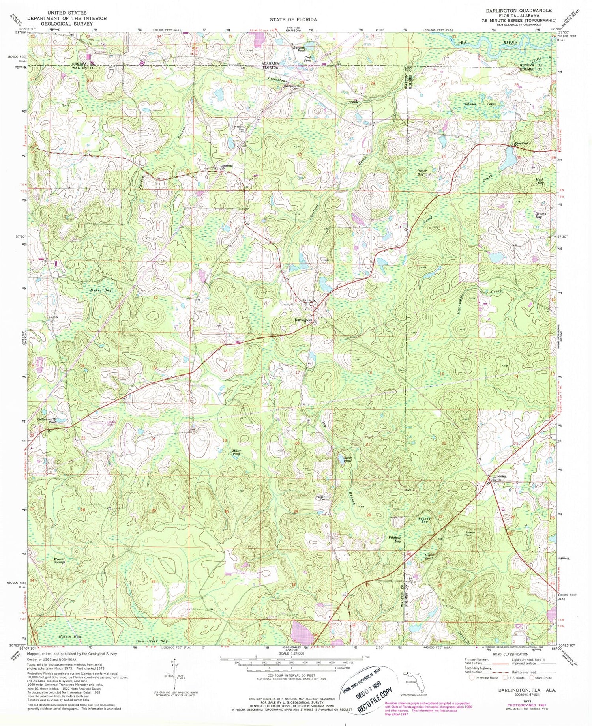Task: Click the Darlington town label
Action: (303, 320)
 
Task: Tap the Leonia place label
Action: (499, 476)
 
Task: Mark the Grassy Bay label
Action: (540, 215)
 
